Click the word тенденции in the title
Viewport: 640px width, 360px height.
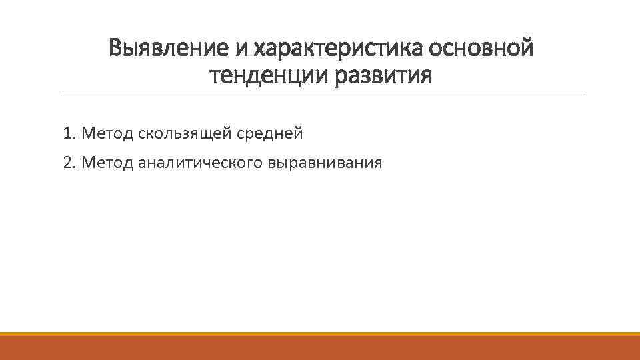coord(263,75)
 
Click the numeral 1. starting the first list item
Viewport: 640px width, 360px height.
coord(69,133)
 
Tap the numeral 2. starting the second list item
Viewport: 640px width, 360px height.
coord(69,161)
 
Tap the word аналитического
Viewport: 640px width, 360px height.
coord(201,162)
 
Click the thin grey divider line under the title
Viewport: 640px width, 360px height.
coord(323,91)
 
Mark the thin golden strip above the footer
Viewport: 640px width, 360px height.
coord(320,333)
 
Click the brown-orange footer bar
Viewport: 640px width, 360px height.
coord(320,348)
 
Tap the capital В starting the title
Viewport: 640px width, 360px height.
coord(116,48)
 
